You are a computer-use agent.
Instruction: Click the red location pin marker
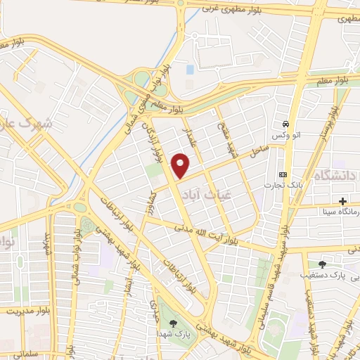pyautogui.click(x=181, y=165)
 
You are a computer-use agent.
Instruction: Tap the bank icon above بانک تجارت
pyautogui.click(x=283, y=174)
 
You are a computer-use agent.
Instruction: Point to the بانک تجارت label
pyautogui.click(x=278, y=186)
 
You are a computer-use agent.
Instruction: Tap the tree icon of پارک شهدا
pyautogui.click(x=173, y=322)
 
